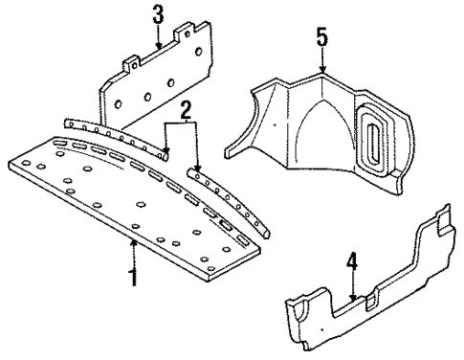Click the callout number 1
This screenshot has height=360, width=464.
coord(132,279)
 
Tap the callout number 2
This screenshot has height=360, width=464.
coord(188,111)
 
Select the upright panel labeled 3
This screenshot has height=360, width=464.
coord(153,91)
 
